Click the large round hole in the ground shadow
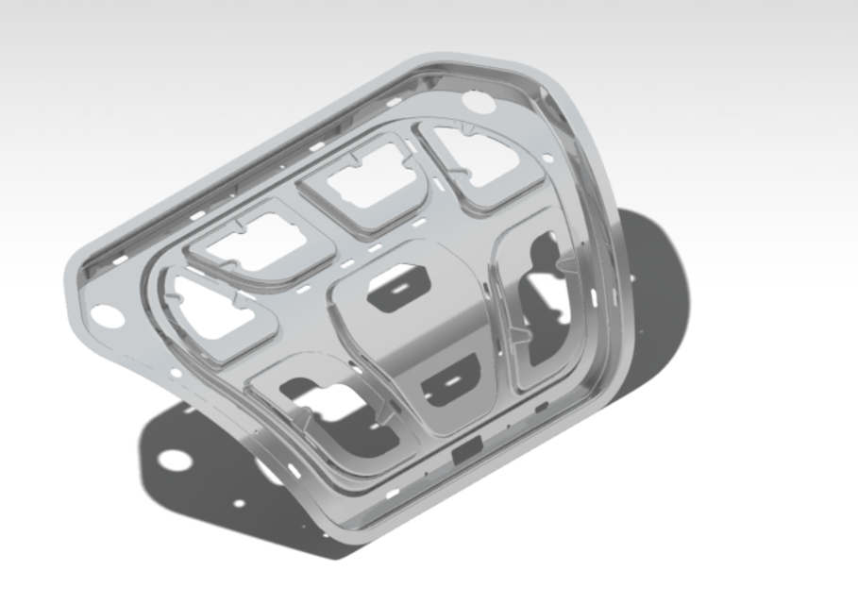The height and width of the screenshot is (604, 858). [172, 460]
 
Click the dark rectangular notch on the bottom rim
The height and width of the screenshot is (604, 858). [467, 454]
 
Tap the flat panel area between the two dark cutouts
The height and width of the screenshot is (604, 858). [420, 335]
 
